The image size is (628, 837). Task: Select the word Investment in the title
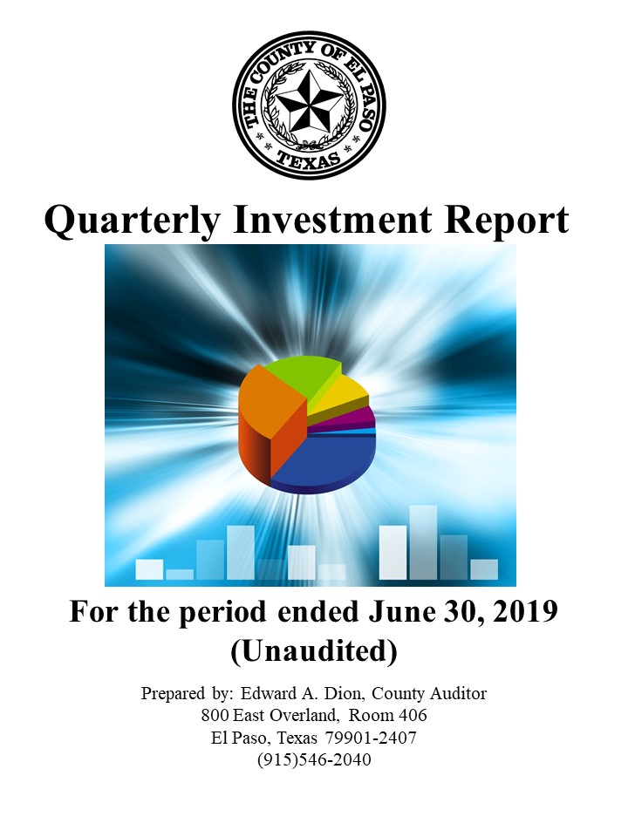tap(332, 220)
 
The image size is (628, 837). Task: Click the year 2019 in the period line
tap(525, 612)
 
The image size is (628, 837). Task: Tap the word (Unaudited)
tap(314, 651)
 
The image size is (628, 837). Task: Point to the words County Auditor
tap(429, 694)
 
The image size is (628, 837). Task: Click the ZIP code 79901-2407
tap(371, 738)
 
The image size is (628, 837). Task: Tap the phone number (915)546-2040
tap(314, 759)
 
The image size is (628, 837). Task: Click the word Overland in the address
tap(304, 715)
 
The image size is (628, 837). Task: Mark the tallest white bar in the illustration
tap(423, 542)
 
